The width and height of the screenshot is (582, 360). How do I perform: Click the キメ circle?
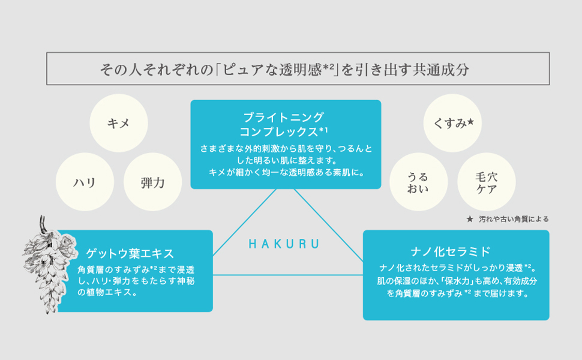[118, 123]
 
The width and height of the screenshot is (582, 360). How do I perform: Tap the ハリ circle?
[85, 182]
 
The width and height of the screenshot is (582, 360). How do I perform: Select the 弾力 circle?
[152, 182]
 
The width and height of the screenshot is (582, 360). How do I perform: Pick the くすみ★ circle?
[453, 123]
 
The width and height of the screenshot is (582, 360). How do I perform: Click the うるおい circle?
[418, 182]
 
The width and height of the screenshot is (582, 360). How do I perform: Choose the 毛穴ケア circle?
[486, 182]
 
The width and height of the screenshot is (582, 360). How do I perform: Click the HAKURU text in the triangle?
[283, 244]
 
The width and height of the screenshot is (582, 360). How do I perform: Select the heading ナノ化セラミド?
[455, 251]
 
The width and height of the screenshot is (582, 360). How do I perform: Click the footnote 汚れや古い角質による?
[513, 219]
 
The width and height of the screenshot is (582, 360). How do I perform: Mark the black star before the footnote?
[470, 219]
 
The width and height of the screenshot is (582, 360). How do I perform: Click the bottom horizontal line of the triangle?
[288, 275]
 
